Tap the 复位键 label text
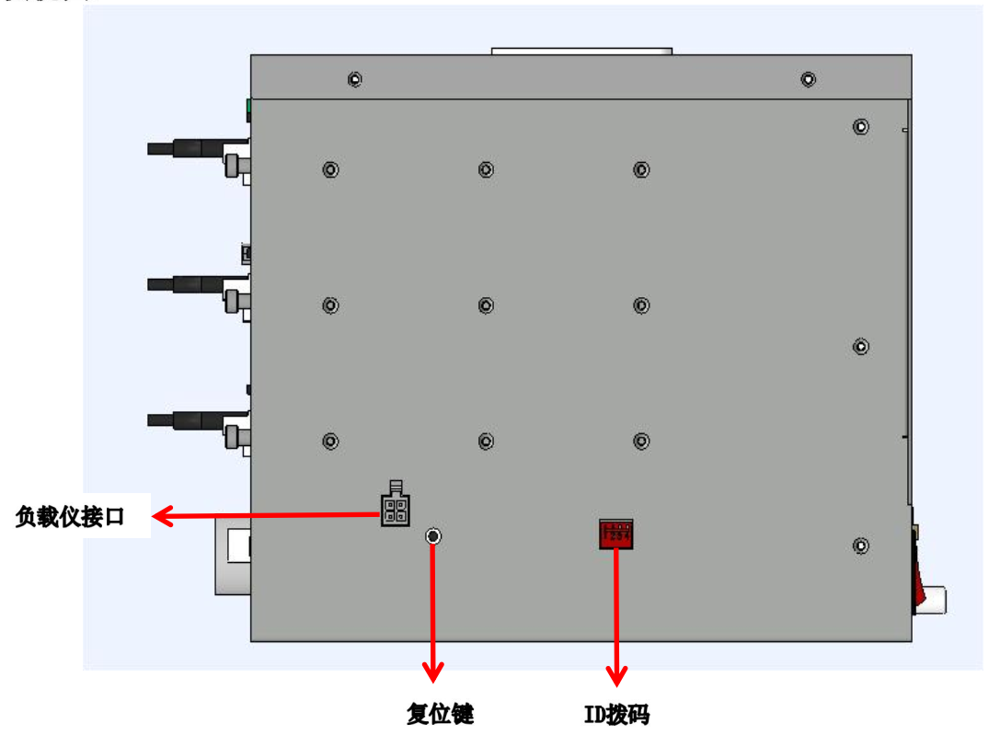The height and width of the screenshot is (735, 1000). coord(440,713)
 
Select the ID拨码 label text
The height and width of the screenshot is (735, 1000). coord(615,714)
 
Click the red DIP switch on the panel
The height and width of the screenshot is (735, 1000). coord(615,534)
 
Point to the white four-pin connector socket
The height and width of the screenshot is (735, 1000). coord(397,509)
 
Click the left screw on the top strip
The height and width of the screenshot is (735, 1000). coord(354,79)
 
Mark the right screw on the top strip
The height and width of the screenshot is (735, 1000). coord(807,79)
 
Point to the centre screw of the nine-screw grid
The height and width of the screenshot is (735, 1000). coord(486,305)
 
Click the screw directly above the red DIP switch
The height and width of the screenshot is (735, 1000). coord(641,442)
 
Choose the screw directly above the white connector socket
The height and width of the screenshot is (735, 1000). coord(330,442)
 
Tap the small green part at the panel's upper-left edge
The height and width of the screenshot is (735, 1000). coord(248,109)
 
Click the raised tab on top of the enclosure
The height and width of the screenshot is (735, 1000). coord(581,52)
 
